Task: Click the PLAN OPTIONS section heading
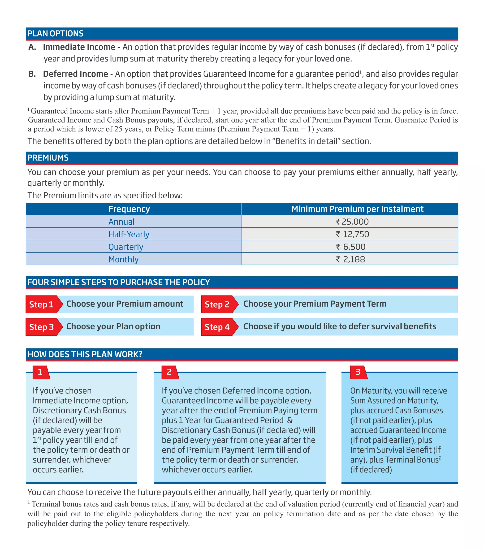(x=55, y=34)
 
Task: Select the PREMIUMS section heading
(x=48, y=158)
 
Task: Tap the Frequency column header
(x=129, y=209)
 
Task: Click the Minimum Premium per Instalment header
(x=357, y=209)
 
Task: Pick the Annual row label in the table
(x=121, y=222)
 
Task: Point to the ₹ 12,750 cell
(x=352, y=234)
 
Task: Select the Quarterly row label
(x=126, y=247)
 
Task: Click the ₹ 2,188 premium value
(x=350, y=259)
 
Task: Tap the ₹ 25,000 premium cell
(x=352, y=222)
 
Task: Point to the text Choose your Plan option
(x=113, y=326)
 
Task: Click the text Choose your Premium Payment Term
(x=315, y=304)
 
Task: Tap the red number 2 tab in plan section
(x=169, y=372)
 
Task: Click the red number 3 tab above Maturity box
(x=358, y=372)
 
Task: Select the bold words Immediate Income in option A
(x=79, y=47)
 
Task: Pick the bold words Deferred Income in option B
(x=75, y=74)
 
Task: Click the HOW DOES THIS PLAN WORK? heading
(x=85, y=354)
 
